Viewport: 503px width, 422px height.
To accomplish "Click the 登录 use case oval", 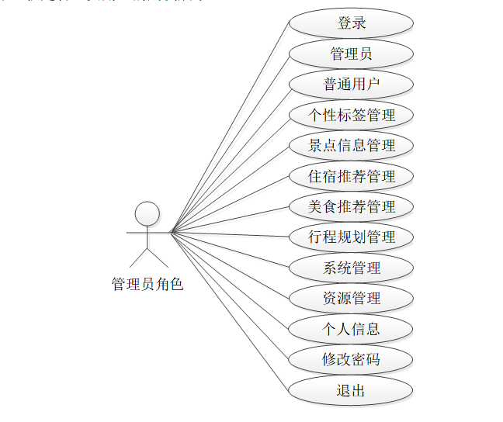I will pyautogui.click(x=351, y=23).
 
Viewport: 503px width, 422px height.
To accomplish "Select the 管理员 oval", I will pyautogui.click(x=351, y=54).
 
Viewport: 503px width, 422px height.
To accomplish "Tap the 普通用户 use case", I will pyautogui.click(x=351, y=84).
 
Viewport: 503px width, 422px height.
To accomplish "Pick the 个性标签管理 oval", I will pyautogui.click(x=351, y=115).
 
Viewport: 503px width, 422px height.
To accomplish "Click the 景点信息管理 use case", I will pyautogui.click(x=351, y=145).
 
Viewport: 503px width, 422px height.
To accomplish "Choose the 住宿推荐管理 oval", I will pyautogui.click(x=351, y=176).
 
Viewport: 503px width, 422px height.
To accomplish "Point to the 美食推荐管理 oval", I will pyautogui.click(x=351, y=206).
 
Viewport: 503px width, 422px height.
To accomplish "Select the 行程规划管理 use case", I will pyautogui.click(x=351, y=237).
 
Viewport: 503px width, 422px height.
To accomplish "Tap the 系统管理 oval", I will pyautogui.click(x=351, y=268).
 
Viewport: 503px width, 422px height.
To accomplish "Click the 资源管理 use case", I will pyautogui.click(x=351, y=299).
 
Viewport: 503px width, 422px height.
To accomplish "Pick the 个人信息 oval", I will pyautogui.click(x=351, y=329).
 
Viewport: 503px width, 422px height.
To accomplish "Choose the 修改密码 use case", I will pyautogui.click(x=351, y=360).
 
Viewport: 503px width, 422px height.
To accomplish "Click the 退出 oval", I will pyautogui.click(x=351, y=390).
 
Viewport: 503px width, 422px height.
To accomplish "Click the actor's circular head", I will pyautogui.click(x=147, y=213).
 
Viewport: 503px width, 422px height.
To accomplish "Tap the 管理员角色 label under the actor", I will pyautogui.click(x=147, y=285).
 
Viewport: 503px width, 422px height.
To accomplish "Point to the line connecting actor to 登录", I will pyautogui.click(x=231, y=126).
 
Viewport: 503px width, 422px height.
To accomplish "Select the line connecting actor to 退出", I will pyautogui.click(x=231, y=310).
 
